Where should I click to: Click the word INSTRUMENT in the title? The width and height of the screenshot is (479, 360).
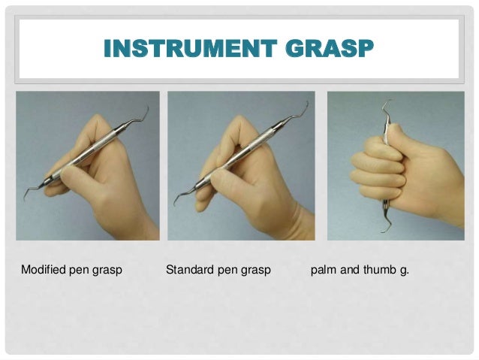pos(190,48)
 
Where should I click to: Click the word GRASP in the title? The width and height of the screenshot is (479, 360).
pos(330,48)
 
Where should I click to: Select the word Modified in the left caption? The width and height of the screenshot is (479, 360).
pos(44,270)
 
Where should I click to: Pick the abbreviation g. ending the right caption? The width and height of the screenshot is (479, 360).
pos(404,271)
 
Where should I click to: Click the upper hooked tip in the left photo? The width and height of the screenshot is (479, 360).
pos(148,107)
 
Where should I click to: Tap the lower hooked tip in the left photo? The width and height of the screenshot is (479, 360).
pos(25,199)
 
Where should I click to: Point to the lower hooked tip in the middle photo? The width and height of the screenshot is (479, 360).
pos(175,204)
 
